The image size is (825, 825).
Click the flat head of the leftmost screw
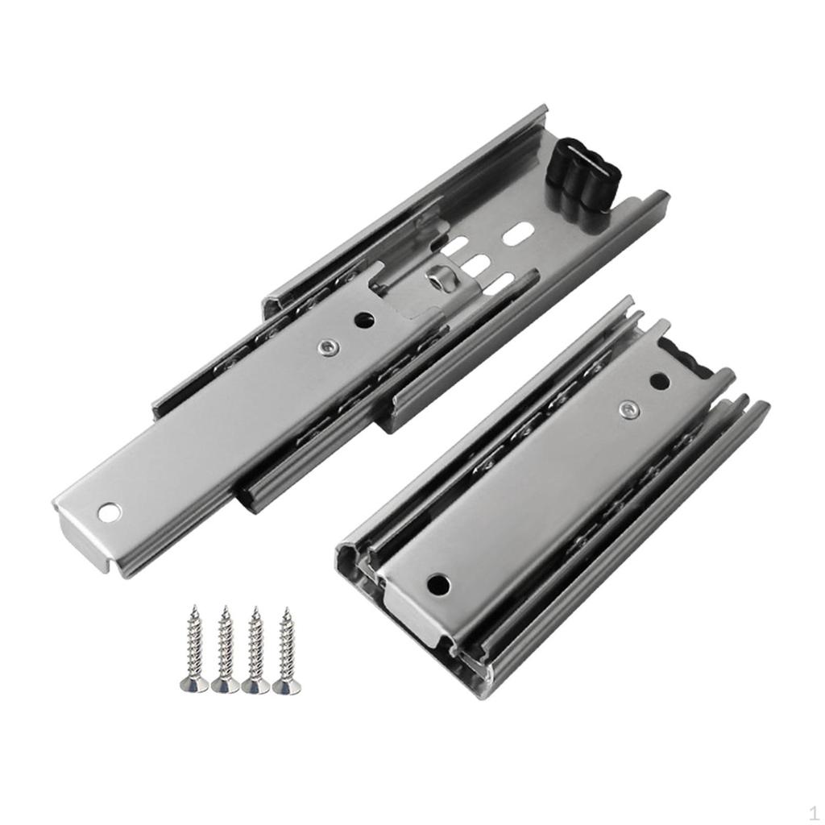pos(194,685)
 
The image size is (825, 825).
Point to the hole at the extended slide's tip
pos(109,512)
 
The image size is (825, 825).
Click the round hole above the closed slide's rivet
pos(659,381)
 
